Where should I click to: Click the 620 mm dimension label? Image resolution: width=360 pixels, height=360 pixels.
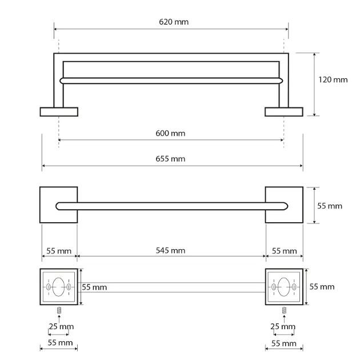coord(174,22)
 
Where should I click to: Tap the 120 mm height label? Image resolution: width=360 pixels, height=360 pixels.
coord(333,79)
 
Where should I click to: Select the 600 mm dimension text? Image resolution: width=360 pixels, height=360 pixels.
coord(170,133)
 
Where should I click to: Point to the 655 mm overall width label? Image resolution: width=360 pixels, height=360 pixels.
coord(170,159)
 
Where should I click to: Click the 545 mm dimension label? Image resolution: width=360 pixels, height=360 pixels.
coord(170,250)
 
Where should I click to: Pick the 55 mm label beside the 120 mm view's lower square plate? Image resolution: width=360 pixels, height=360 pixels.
coord(330,206)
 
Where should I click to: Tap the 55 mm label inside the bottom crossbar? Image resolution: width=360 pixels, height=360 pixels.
coord(94,287)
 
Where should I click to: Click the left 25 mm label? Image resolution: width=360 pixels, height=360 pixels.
coord(61,326)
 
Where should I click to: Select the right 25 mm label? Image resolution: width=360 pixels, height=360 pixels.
coord(283,326)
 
